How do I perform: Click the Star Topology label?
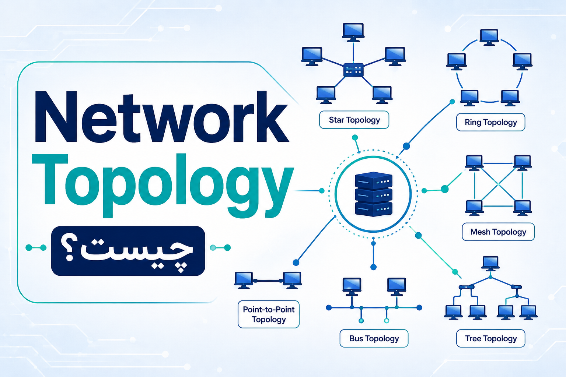point(354,120)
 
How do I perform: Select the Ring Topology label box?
point(491,122)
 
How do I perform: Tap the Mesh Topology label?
point(498,232)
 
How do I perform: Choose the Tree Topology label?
point(491,338)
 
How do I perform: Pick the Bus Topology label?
point(374,338)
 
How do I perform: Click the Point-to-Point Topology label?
point(269,314)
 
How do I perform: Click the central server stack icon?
point(373,194)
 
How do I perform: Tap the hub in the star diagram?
point(353,70)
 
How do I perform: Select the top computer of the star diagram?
point(353,32)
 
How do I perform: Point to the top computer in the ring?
point(489,38)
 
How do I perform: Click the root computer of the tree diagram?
point(490,264)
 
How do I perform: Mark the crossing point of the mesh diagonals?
point(498,185)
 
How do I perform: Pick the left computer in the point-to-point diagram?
point(244,280)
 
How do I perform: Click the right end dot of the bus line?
point(419,307)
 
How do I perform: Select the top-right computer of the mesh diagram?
point(523,163)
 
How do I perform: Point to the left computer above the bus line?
point(352,286)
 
